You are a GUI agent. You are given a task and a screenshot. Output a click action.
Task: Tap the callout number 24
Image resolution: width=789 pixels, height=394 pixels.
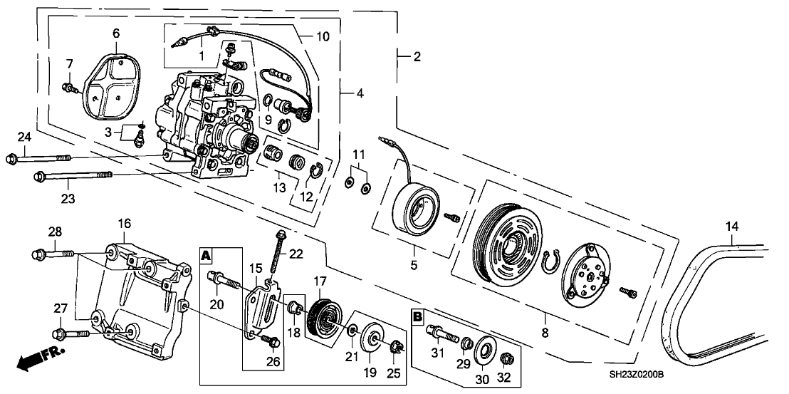tap(25, 137)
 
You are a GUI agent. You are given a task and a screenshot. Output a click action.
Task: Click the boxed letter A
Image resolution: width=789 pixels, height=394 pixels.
tap(206, 254)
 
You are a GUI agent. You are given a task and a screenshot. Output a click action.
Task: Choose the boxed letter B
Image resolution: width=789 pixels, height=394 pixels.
tap(418, 314)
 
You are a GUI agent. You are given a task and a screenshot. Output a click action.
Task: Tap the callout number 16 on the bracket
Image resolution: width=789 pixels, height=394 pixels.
tap(125, 224)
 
